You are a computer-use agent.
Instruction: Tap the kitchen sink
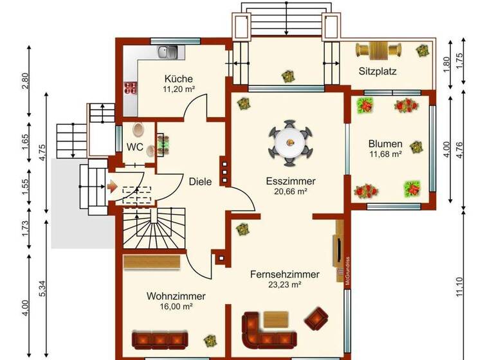169,50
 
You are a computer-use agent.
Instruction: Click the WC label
134,147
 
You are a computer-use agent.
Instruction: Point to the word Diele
200,181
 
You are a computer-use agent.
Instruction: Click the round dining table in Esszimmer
289,140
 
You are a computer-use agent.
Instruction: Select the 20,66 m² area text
290,192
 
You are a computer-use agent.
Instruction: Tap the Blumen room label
385,143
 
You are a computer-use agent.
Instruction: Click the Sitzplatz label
377,71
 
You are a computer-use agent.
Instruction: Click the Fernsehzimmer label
284,274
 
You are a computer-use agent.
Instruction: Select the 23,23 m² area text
284,284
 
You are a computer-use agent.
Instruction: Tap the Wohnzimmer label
176,296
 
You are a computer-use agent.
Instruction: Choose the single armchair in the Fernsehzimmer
316,317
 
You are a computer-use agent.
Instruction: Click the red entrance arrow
112,188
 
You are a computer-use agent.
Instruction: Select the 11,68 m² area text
385,154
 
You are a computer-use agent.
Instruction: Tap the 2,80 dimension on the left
25,81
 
